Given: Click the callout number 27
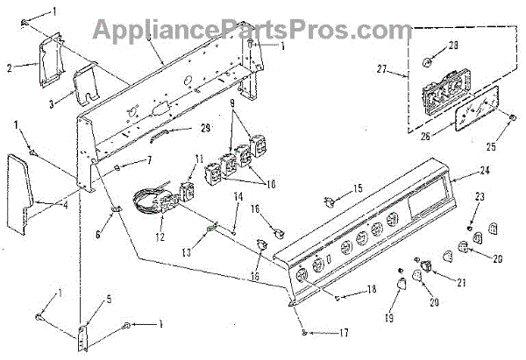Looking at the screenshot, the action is coord(381,69).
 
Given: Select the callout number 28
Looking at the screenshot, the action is coord(453,46).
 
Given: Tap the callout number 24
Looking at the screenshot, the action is coord(484,170).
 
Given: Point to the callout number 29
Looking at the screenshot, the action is coord(205,128).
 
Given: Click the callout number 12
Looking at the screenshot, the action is coord(160,236).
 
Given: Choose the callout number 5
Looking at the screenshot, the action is coord(109,299).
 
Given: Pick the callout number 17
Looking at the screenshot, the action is coord(344,333).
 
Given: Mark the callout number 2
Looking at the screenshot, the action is coord(10,68).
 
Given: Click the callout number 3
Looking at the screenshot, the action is coord(52,104).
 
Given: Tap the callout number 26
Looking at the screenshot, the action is coord(425,137).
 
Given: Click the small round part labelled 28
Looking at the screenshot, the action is coord(427,62).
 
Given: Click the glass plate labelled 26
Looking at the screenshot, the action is coord(476,108).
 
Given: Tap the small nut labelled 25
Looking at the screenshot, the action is coord(512,117).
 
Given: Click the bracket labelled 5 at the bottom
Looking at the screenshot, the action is coord(82,339).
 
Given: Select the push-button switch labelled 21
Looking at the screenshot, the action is coord(427,266).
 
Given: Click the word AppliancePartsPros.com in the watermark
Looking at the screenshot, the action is coord(252,30).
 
